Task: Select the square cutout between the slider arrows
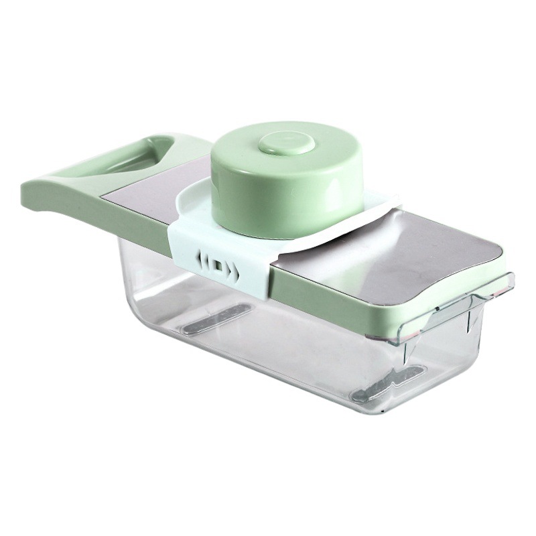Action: coord(218,267)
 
